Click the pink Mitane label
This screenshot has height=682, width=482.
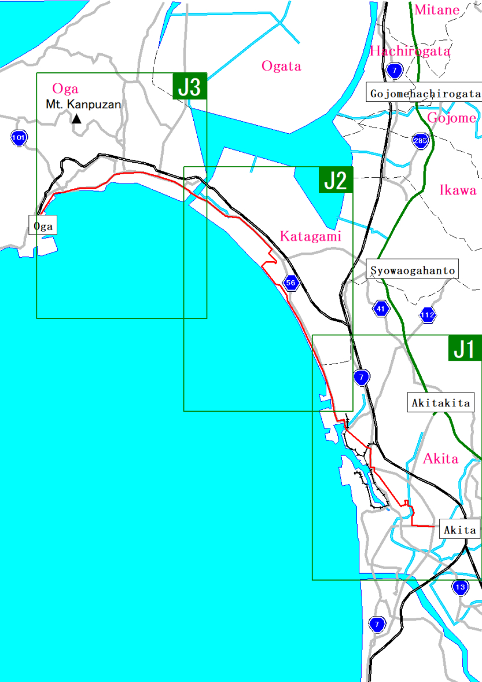(437, 9)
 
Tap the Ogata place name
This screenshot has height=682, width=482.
(281, 66)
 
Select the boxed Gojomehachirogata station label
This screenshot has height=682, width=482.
(425, 93)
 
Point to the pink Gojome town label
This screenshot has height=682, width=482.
(451, 118)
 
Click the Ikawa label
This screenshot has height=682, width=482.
(458, 190)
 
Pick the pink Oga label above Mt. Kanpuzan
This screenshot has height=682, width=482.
(65, 89)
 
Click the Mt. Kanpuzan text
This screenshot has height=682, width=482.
(83, 105)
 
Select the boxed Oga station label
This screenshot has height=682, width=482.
(43, 226)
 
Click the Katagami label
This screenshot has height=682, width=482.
(311, 236)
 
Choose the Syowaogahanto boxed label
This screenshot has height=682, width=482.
(413, 270)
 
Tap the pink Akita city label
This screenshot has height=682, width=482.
(441, 459)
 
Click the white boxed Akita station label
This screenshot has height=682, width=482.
(459, 529)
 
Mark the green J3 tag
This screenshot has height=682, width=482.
(189, 87)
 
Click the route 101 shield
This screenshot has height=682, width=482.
(19, 138)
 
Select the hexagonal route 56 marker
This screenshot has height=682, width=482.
(290, 283)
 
